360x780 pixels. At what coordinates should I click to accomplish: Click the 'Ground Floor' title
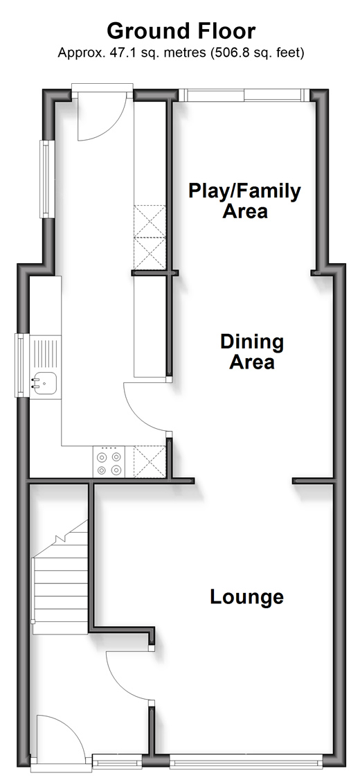click(x=181, y=31)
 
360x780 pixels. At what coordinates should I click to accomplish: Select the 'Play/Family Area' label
click(x=244, y=200)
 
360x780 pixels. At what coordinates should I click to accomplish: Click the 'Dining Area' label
click(x=252, y=352)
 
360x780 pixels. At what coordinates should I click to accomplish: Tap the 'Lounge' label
click(x=246, y=596)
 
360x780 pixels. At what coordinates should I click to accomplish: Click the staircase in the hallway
click(x=60, y=577)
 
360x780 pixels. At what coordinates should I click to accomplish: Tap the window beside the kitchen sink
click(x=20, y=366)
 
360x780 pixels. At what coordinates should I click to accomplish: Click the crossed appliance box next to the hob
click(x=149, y=462)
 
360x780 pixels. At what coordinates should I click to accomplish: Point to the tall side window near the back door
click(x=46, y=179)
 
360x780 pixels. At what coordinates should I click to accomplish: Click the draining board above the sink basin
click(x=45, y=354)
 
